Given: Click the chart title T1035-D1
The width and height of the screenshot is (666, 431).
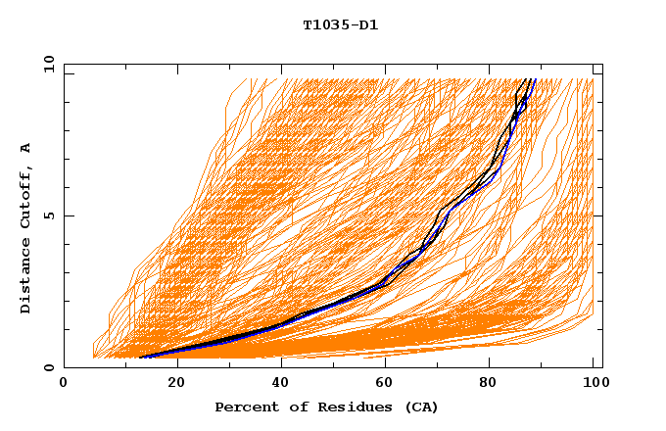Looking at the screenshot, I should click(340, 24).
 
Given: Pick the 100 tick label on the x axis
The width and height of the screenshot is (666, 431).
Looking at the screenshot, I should click(594, 385).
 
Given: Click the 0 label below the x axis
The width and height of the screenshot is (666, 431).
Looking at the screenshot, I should click(64, 385).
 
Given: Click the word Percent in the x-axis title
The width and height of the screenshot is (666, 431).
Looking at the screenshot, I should click(244, 407).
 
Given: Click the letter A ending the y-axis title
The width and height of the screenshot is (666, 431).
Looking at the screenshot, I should click(25, 148).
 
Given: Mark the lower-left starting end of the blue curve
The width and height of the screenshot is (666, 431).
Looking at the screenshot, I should click(141, 358).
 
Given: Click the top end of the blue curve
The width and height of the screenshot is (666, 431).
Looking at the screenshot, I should click(536, 79).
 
